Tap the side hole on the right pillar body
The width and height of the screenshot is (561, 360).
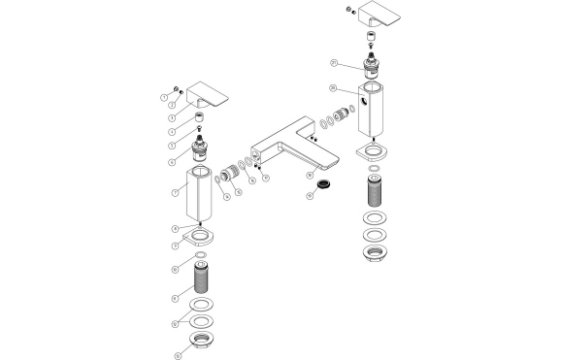coord(362,100)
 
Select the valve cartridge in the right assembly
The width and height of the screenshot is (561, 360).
coord(372,68)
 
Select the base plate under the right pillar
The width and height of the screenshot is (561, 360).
coord(371,151)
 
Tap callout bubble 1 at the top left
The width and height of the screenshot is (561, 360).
coord(163,97)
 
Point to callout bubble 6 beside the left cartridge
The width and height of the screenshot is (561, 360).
coord(172,163)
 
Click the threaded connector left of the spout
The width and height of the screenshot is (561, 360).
coord(230,177)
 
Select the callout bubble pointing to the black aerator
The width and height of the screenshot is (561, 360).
coord(310,195)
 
